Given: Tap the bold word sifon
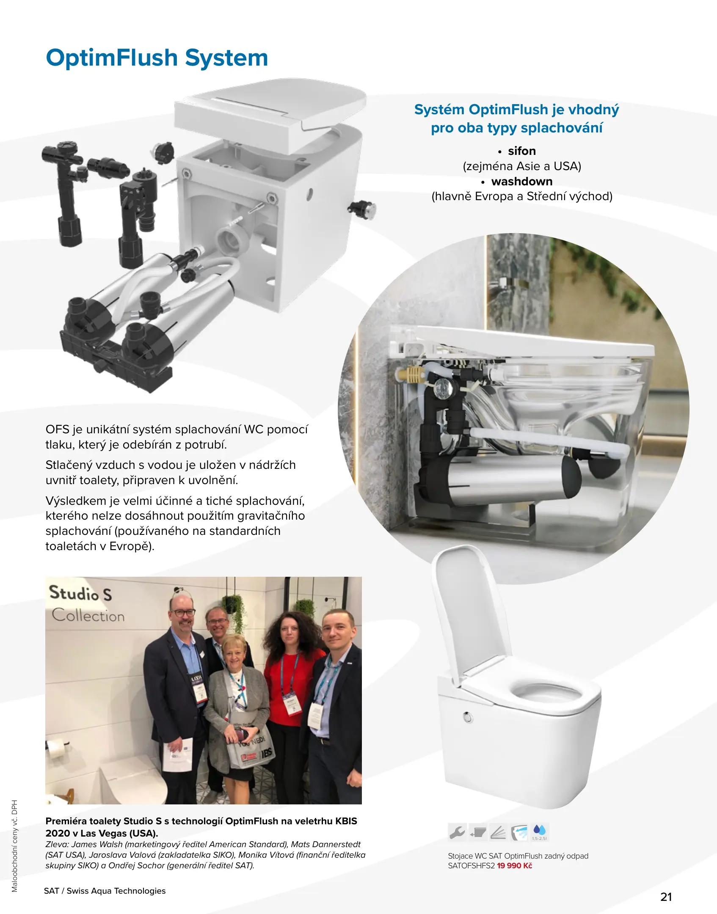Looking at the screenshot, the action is click(522, 151).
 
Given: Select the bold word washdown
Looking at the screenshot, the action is click(522, 182).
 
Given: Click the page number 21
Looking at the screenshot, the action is click(666, 897).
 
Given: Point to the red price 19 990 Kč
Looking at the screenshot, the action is click(514, 866).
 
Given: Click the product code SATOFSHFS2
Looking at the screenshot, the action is click(471, 866).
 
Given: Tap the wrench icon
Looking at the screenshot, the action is click(457, 832).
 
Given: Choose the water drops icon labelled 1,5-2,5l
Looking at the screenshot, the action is click(540, 832).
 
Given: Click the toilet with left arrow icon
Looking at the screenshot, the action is click(519, 832).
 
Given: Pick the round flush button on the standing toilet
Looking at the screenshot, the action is click(468, 717).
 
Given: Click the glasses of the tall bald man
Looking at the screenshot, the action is click(183, 612).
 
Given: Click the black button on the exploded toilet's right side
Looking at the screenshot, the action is click(362, 209).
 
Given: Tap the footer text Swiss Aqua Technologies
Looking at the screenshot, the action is click(116, 891).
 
